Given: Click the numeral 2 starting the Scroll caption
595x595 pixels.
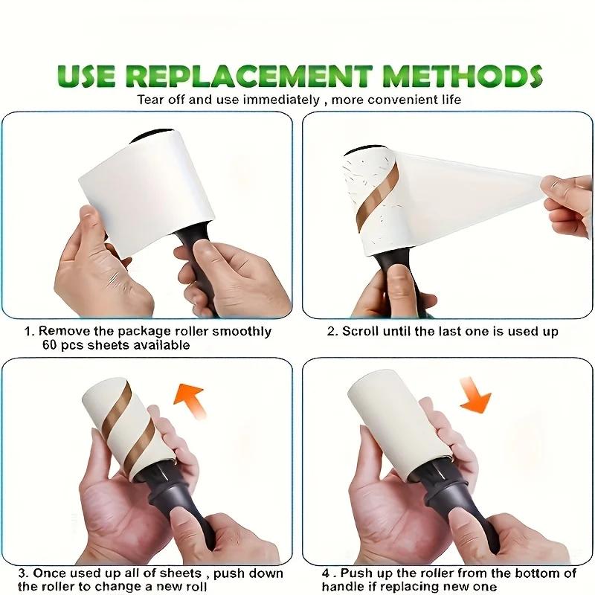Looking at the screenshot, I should pyautogui.click(x=331, y=331).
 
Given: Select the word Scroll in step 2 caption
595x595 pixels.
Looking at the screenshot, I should pyautogui.click(x=360, y=331).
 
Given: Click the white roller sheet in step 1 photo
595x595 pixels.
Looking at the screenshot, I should pyautogui.click(x=141, y=178).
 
